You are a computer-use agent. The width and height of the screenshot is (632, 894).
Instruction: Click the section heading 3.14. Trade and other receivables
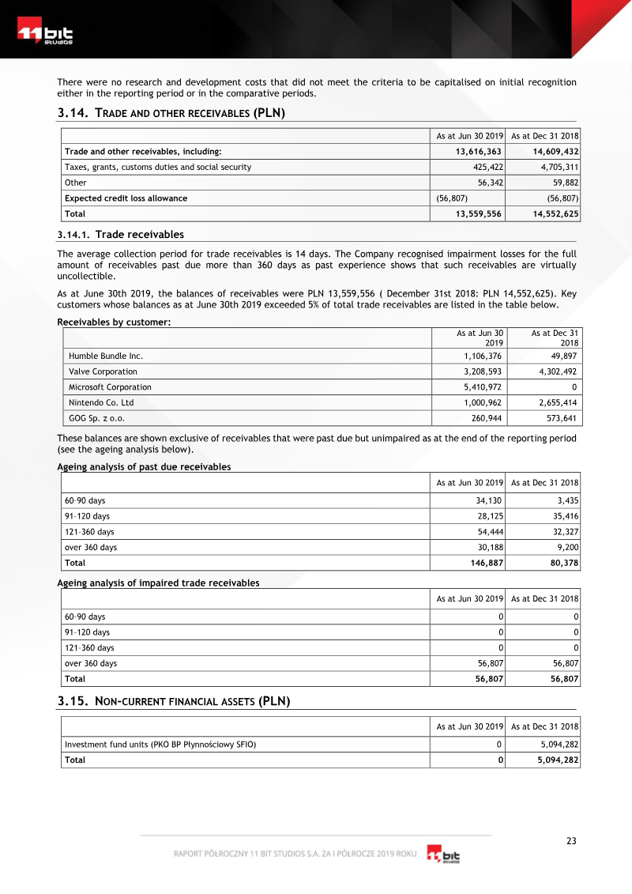(171, 113)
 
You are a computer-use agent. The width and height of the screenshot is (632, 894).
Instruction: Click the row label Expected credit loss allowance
(126, 198)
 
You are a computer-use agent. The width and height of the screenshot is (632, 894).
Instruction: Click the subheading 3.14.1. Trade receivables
(120, 235)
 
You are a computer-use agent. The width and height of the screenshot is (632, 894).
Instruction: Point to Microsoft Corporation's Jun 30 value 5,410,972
(479, 387)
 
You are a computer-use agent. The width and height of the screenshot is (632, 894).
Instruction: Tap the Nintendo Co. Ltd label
(101, 402)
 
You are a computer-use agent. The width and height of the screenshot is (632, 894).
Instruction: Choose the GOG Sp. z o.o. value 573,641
(560, 418)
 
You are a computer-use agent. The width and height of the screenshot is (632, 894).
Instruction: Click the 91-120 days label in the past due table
(87, 516)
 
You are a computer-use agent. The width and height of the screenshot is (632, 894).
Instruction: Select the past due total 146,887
(484, 563)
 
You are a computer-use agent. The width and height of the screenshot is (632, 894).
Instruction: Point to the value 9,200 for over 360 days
(566, 547)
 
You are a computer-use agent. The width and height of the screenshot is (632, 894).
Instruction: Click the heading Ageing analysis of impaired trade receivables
(158, 583)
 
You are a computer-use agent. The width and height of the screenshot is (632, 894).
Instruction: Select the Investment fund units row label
(160, 745)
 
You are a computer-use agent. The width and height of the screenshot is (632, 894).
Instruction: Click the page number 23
(571, 841)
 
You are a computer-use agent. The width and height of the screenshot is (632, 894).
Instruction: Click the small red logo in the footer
(444, 855)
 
